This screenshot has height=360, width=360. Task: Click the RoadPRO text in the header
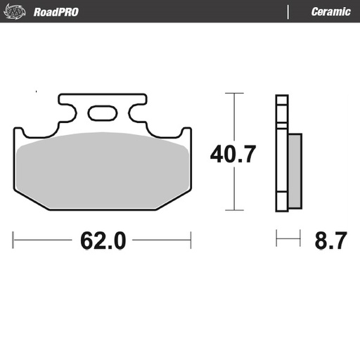coord(56,11)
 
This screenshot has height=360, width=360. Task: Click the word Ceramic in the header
coord(330,11)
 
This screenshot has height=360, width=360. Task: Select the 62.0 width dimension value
coord(103,240)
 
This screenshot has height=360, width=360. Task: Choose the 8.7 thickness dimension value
coord(328,240)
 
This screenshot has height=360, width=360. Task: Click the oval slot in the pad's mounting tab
coord(102,112)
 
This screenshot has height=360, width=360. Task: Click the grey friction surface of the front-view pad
coord(102,169)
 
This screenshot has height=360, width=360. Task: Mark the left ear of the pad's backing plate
coord(20,131)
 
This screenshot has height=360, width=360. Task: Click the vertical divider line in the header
coord(288,11)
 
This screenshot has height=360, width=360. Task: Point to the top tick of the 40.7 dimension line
coord(234,93)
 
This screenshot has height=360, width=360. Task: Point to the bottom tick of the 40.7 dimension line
coord(234,210)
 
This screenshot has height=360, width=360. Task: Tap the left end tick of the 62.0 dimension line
coord(13,240)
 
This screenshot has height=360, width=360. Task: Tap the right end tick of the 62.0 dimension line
coord(191,240)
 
